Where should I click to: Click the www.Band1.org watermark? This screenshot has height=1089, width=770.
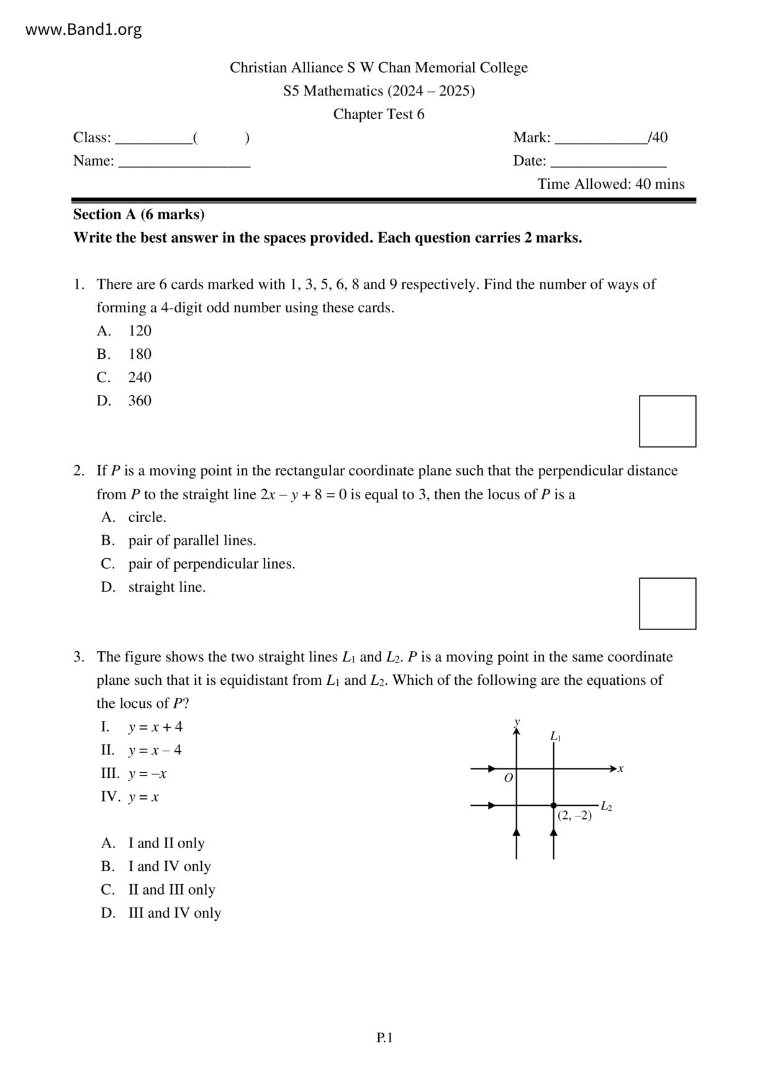tap(83, 30)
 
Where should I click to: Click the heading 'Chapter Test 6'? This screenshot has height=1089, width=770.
tap(379, 114)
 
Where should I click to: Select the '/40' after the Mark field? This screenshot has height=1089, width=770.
tap(658, 138)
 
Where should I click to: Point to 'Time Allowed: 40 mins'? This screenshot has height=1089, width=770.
tap(610, 184)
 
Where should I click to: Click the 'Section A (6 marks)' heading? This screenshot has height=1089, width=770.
tap(138, 215)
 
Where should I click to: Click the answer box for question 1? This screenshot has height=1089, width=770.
tap(668, 421)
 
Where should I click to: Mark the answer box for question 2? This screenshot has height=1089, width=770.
tap(668, 603)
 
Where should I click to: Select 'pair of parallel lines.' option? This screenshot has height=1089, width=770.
tap(192, 541)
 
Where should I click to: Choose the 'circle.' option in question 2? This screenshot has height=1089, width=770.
tap(147, 517)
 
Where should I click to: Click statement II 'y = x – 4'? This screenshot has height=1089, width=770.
tap(155, 751)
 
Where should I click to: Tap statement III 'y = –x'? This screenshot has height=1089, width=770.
tap(147, 774)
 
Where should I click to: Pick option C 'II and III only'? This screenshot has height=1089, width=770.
tap(171, 890)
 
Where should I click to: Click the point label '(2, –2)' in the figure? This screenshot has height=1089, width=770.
tap(574, 816)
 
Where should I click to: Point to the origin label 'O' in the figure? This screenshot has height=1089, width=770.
tap(509, 778)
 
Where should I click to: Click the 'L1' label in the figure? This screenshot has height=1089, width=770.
tap(556, 736)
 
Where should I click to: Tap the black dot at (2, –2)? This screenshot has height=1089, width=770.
tap(553, 805)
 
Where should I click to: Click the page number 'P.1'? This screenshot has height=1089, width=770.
tap(384, 1037)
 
